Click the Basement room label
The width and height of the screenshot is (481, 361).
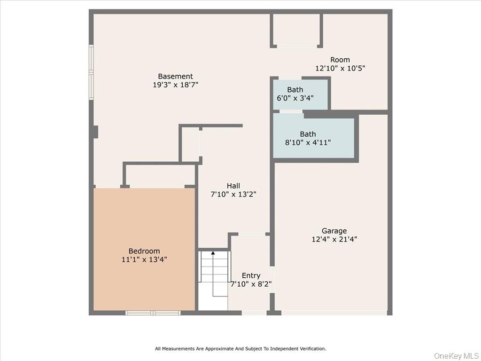[175, 77]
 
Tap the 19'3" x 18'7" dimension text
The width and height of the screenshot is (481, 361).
[175, 85]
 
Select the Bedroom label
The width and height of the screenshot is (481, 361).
[144, 251]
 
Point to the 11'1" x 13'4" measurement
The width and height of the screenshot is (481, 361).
[144, 259]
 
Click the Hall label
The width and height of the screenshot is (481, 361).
[233, 186]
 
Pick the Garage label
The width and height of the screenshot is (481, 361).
[334, 231]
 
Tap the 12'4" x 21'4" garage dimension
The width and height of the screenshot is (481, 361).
[334, 239]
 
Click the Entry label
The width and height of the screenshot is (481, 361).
[251, 275]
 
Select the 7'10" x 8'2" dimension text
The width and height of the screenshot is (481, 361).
[251, 284]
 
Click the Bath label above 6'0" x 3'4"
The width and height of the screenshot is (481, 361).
[295, 90]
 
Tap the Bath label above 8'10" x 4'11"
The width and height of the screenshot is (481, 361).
[308, 134]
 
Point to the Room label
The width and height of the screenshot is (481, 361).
[340, 60]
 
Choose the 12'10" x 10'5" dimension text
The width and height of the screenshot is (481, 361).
[340, 68]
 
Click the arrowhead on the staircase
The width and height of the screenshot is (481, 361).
[213, 253]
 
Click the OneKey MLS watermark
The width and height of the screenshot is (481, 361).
[455, 355]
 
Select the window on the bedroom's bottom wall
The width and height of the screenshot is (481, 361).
[153, 313]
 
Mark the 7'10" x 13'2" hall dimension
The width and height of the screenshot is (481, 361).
[233, 194]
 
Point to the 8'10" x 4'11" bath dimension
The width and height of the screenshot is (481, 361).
[308, 142]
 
